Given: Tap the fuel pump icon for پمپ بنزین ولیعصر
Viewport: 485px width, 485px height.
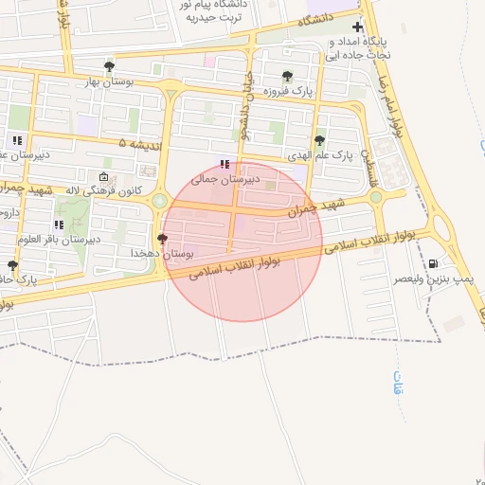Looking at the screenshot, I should click(x=434, y=264).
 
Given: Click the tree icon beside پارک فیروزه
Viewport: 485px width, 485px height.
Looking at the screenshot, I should click(x=287, y=76).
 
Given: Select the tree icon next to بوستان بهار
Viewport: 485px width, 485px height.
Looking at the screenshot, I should click(x=110, y=66).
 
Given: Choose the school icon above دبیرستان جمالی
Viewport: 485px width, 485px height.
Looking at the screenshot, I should click(x=224, y=163).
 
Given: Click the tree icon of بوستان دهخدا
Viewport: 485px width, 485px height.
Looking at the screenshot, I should click(x=162, y=240).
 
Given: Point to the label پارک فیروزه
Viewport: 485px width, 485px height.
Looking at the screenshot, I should click(x=289, y=91).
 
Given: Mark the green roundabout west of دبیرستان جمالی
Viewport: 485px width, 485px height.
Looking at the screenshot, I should click(x=158, y=201).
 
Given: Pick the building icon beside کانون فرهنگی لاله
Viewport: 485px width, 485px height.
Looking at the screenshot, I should click(x=103, y=176).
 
